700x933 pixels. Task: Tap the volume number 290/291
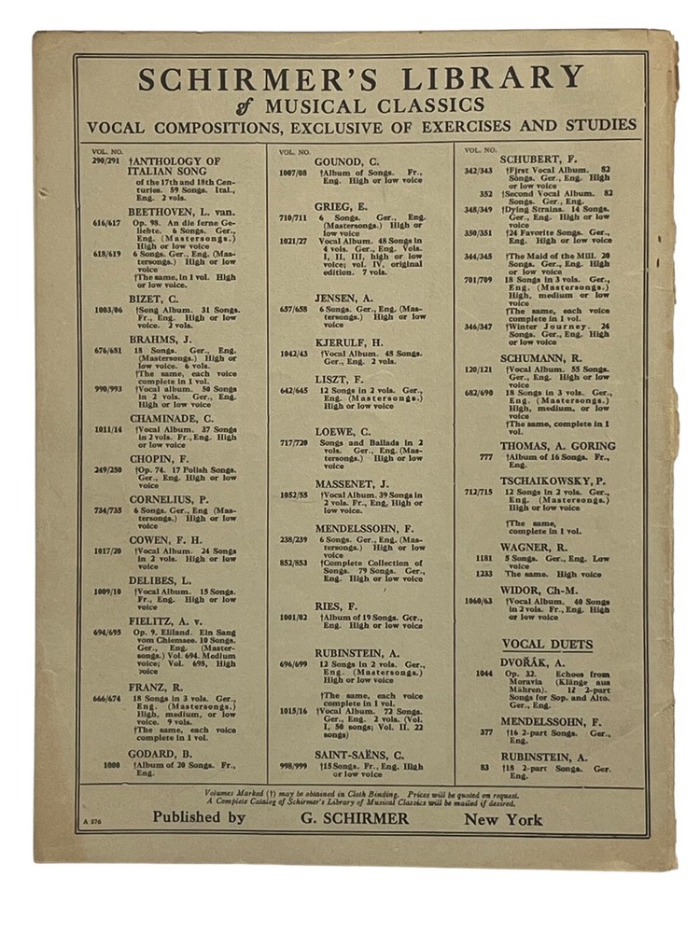point(108,161)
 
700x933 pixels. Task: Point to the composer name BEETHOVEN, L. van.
point(182,212)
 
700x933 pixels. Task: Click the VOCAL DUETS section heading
point(547,644)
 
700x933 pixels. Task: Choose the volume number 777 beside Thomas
point(485,457)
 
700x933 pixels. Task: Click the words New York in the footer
point(503,819)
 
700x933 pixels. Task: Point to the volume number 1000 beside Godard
point(112,765)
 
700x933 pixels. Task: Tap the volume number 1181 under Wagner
point(483,559)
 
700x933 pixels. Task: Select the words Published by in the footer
point(199,818)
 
